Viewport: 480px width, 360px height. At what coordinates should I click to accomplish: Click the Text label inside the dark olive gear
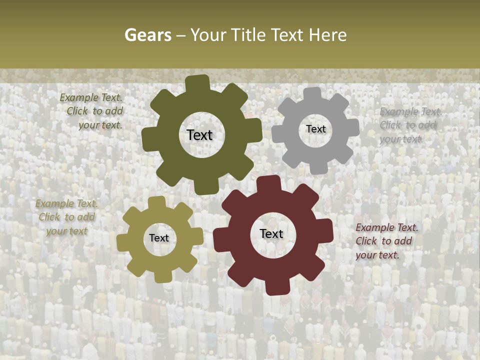click(199, 135)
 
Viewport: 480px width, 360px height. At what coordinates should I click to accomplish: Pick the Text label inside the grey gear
click(315, 129)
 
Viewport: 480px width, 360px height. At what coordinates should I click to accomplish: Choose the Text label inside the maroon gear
click(271, 233)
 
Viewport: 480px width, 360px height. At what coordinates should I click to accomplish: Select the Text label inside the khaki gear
click(159, 238)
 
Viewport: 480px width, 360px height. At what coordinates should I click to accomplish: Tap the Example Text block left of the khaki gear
click(66, 217)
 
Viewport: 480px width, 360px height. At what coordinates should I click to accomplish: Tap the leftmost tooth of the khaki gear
click(123, 241)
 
